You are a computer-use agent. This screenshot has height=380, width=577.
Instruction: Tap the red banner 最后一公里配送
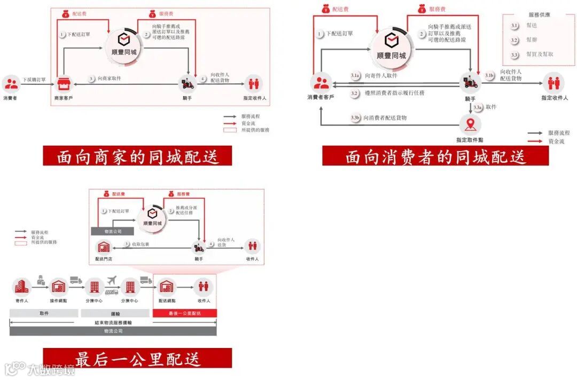[x=138, y=358]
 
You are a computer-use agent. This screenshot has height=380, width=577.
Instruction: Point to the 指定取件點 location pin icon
[x=470, y=125]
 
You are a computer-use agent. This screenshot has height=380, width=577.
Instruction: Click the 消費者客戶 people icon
[x=321, y=83]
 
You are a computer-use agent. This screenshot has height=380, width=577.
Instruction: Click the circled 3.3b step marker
[x=355, y=117]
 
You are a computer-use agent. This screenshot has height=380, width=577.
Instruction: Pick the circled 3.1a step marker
[x=355, y=76]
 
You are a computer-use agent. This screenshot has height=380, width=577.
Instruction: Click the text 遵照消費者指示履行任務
[x=394, y=93]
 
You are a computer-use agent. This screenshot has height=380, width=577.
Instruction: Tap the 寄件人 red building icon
[x=21, y=287]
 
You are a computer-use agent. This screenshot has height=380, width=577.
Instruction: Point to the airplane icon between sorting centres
[x=112, y=280]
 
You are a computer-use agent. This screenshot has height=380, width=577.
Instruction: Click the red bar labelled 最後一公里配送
[x=184, y=313]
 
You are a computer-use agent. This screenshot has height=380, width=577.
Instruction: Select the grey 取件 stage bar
[x=44, y=313]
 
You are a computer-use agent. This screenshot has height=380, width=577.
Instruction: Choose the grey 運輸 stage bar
[x=115, y=313]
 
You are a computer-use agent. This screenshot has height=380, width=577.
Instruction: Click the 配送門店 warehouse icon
[x=103, y=247]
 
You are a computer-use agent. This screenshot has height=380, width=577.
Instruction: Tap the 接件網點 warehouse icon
[x=58, y=287]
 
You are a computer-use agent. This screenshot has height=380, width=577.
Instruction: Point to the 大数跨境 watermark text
[x=51, y=369]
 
